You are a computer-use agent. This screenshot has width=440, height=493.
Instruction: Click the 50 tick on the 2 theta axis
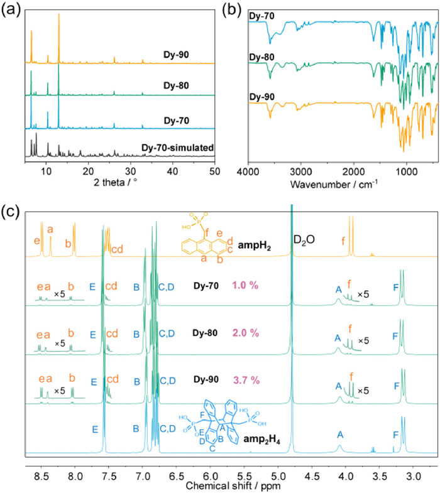[215, 153]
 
